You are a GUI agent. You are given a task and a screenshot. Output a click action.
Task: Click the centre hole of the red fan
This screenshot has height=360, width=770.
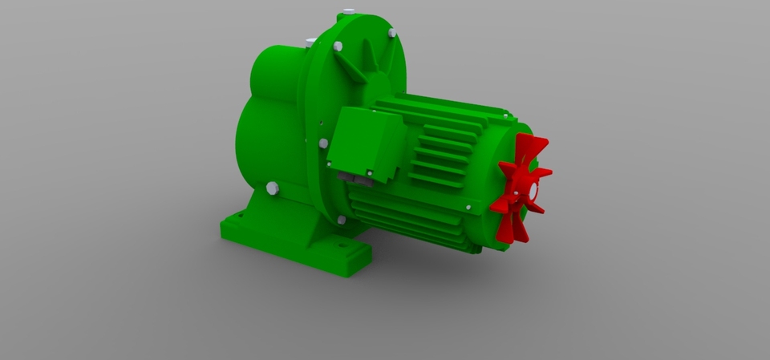tap(532, 192)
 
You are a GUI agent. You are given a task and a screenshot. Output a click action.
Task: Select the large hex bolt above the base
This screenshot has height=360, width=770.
tap(272, 188)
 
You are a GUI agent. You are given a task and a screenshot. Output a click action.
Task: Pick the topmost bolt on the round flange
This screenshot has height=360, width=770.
tap(347, 11)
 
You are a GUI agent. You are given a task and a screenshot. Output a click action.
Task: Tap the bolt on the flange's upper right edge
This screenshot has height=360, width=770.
tap(391, 33)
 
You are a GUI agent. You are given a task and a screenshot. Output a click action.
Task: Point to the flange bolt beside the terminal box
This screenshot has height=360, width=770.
tap(324, 143)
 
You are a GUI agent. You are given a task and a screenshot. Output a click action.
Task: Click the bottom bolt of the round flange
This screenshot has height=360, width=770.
tap(342, 219)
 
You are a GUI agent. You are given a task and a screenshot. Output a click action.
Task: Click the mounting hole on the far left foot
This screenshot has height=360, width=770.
tap(238, 216)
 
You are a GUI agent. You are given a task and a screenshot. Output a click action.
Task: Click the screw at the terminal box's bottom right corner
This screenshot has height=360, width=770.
tap(370, 172)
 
